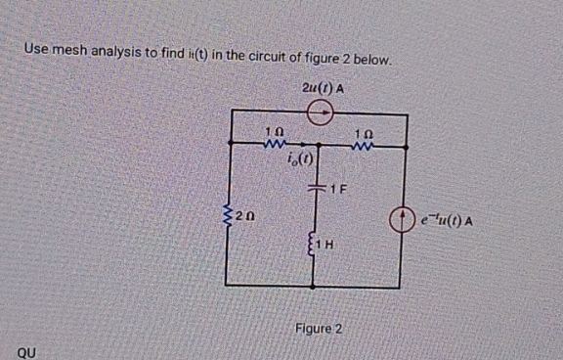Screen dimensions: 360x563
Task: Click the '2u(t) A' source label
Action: point(323,88)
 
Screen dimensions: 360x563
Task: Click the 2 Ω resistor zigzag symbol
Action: point(231,211)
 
